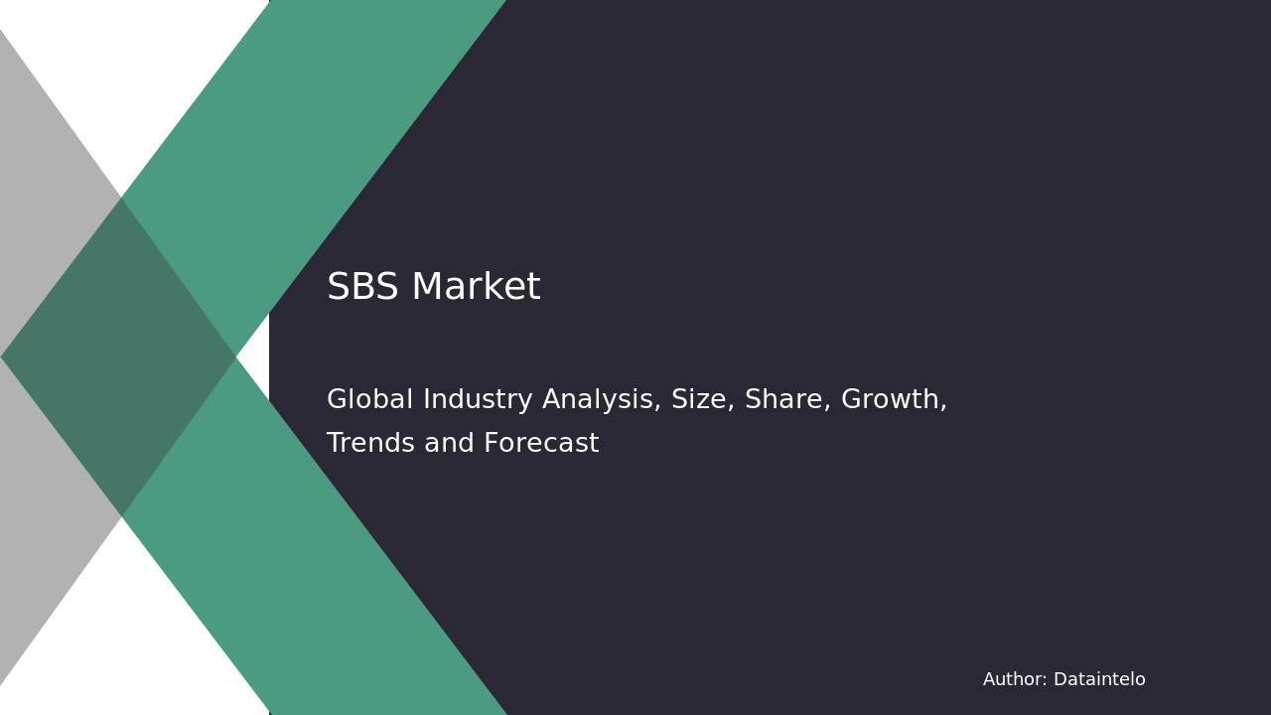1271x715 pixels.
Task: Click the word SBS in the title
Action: point(362,288)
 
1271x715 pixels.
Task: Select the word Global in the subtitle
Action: point(369,400)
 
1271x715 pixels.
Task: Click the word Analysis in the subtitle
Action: point(602,400)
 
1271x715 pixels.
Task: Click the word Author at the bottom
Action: point(1014,680)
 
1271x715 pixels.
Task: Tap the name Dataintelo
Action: point(1099,680)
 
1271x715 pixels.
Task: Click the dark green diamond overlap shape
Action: point(119,357)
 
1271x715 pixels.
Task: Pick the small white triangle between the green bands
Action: point(256,357)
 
